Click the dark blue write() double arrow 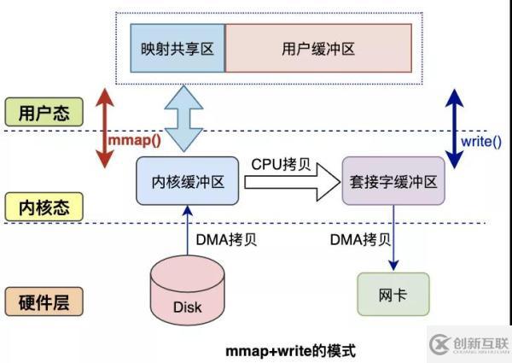click(454, 128)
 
